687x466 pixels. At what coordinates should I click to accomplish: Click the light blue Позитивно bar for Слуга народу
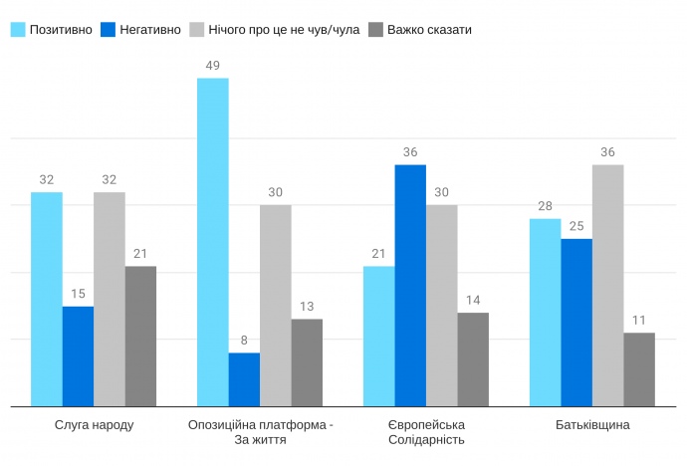46,299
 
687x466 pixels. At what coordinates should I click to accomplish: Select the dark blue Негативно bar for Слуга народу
78,356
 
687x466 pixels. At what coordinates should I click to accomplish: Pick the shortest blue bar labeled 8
244,379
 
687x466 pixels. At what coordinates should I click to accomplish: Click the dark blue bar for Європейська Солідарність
410,286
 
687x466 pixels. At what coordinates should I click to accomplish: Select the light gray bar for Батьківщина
607,286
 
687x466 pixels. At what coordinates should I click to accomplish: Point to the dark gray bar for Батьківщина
639,369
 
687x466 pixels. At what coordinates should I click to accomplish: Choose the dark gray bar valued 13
307,362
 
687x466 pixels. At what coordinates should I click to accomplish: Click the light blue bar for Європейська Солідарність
378,337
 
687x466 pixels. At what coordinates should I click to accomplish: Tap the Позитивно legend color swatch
18,29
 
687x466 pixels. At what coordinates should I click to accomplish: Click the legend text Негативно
149,29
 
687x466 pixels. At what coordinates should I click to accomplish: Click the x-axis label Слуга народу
94,425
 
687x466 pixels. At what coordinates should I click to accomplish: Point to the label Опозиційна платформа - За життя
261,432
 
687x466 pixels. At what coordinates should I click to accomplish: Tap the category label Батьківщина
592,425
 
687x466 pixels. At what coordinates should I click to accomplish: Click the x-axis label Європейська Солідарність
426,432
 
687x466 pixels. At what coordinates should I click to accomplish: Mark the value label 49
213,66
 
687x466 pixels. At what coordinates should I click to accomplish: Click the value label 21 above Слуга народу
140,254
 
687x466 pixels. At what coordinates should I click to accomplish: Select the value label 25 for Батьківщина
576,226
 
